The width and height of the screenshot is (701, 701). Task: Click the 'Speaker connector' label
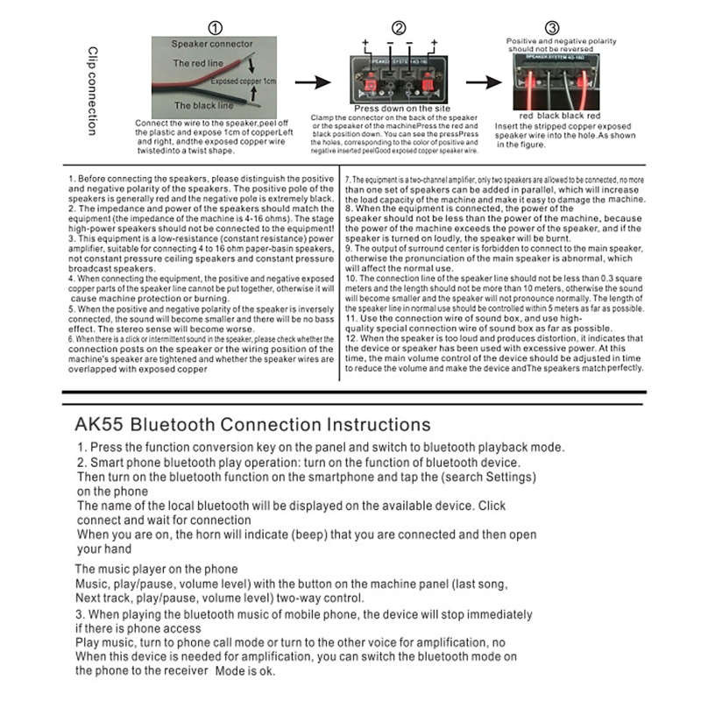click(x=212, y=43)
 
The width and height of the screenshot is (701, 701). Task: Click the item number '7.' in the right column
click(x=347, y=179)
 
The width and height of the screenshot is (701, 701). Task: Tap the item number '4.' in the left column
click(x=70, y=278)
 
